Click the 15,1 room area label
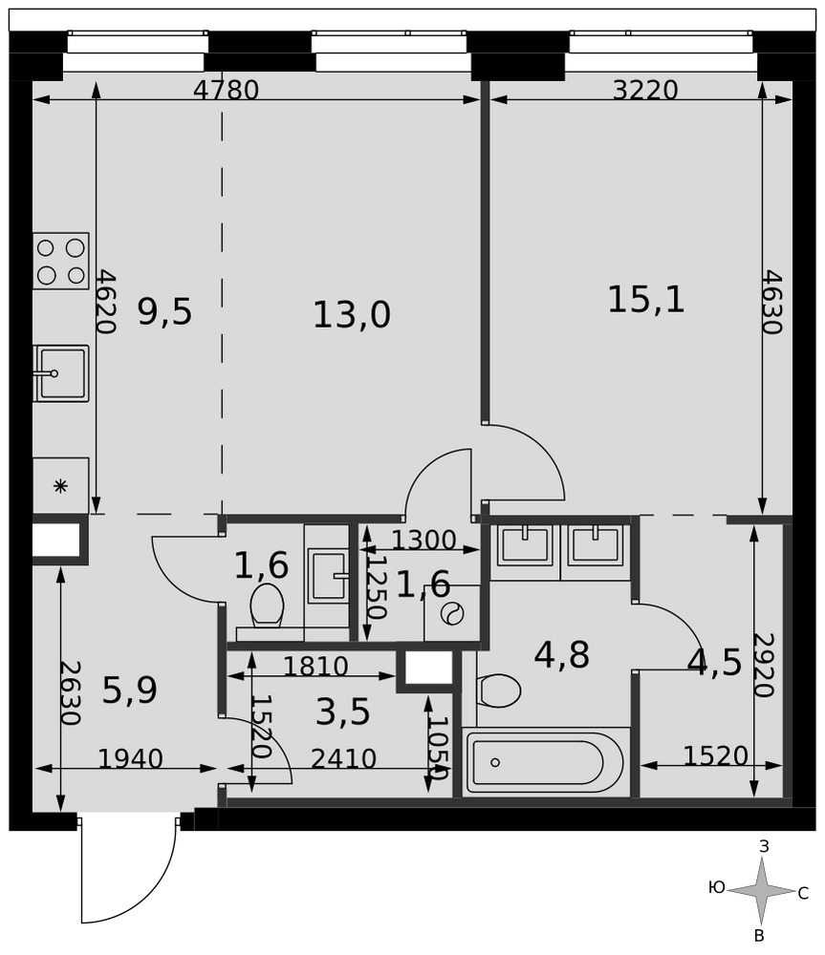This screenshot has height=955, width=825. [x=646, y=300]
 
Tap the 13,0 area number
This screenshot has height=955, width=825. [x=352, y=315]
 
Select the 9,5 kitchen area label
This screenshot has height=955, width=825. [x=164, y=312]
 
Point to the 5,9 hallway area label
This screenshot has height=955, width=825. [x=129, y=690]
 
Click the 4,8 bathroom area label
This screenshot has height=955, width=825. [x=561, y=655]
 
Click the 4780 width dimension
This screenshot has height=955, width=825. [x=227, y=90]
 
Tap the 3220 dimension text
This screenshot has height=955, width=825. [x=645, y=90]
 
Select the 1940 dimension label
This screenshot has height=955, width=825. [x=130, y=759]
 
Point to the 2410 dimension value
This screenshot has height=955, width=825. [x=343, y=759]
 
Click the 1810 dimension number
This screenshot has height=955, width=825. [x=315, y=667]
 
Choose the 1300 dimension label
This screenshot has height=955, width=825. [x=423, y=540]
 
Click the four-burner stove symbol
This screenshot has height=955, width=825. [x=61, y=261]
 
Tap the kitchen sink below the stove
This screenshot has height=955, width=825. [x=61, y=373]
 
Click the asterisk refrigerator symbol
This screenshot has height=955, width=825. [x=60, y=486]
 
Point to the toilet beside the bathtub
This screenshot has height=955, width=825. [x=499, y=690]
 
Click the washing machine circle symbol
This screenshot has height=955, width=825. [x=452, y=613]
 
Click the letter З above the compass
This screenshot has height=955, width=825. [x=764, y=845]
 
